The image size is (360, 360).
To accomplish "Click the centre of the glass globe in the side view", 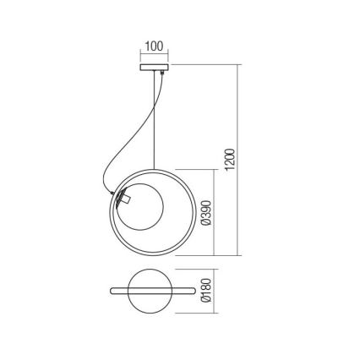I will (139, 205).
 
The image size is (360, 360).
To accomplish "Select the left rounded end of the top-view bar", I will (112, 292).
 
